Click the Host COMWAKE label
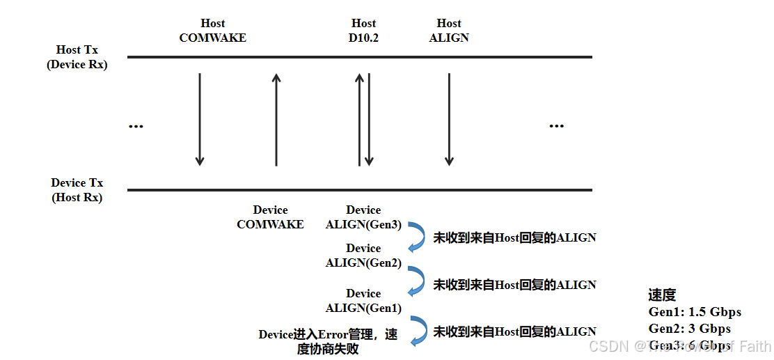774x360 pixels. [212, 31]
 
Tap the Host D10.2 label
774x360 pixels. [363, 31]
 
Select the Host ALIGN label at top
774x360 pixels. [449, 31]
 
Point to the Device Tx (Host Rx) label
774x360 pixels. [77, 190]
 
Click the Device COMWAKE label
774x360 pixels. [270, 217]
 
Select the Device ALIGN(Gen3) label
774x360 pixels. [363, 217]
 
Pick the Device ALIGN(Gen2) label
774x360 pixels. [363, 256]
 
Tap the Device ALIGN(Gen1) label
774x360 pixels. [363, 301]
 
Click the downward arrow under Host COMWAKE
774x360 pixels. [200, 119]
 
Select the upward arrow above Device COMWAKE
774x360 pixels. [276, 119]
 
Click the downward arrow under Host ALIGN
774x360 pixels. [449, 119]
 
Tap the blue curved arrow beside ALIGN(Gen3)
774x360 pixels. [417, 236]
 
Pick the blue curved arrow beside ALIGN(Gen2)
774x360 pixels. [417, 280]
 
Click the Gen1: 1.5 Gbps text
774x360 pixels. [695, 312]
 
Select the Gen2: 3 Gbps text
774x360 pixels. [690, 329]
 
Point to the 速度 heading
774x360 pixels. [662, 295]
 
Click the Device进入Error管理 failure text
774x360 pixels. [328, 342]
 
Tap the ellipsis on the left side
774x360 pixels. [136, 127]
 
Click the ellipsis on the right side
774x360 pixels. [556, 126]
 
